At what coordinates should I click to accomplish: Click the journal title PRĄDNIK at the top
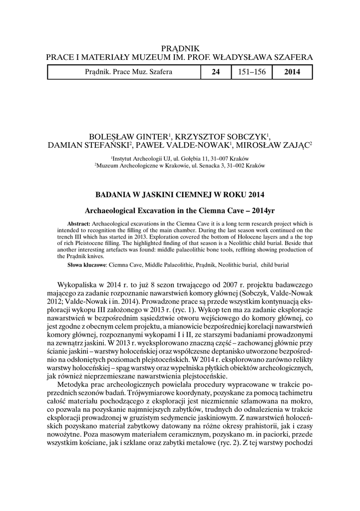(x=180, y=48)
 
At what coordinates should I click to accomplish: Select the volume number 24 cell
(x=216, y=72)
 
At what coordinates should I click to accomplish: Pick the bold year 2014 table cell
(x=292, y=72)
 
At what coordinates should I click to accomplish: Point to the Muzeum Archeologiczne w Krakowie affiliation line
(x=180, y=164)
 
